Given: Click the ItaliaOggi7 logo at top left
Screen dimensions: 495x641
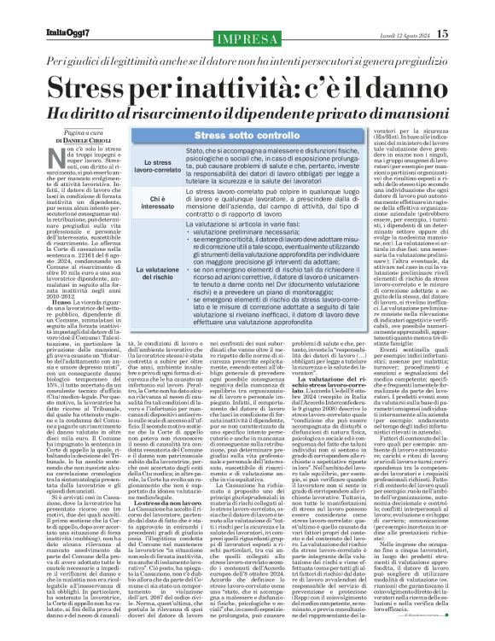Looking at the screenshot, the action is (40, 10).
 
